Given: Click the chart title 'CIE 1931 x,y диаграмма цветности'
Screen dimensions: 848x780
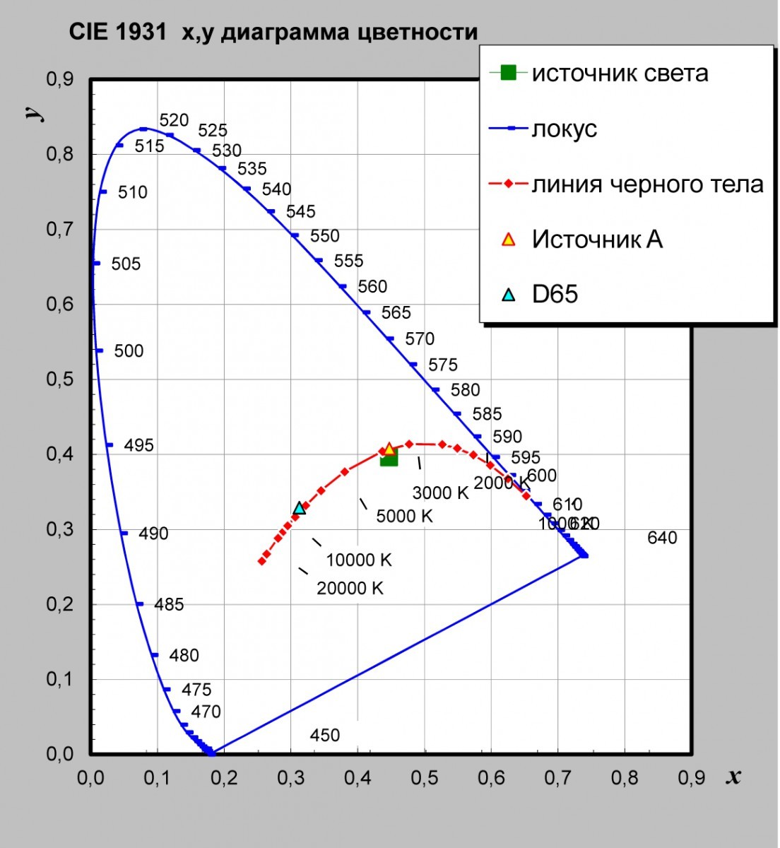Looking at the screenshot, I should tap(273, 33).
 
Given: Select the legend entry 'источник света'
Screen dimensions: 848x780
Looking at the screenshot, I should tap(620, 73).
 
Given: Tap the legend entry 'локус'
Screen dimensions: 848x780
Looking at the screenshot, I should tap(564, 129).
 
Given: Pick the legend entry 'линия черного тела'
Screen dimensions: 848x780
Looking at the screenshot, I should tap(647, 184).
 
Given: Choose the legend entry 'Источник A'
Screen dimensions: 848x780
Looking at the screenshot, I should tap(597, 240).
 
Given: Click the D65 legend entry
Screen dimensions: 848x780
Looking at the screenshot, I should tap(555, 294).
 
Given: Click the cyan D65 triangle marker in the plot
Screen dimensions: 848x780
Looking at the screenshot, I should tap(300, 508).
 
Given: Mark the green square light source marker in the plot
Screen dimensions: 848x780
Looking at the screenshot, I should tap(389, 458).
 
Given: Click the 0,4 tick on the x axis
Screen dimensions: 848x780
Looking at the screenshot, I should tap(357, 778).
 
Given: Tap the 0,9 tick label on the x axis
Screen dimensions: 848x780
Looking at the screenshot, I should tap(691, 778).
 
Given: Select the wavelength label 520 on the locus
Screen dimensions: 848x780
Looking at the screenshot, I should tap(174, 120).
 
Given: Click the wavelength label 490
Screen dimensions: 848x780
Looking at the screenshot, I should tap(153, 534).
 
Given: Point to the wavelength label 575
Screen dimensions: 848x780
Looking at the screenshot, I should tap(443, 365).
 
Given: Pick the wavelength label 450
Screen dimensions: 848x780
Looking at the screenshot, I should tap(325, 735).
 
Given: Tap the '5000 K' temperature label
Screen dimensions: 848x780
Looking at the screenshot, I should tap(404, 516).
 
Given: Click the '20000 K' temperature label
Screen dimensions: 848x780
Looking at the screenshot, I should tap(350, 588).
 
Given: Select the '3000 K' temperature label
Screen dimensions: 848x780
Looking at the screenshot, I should tap(440, 493).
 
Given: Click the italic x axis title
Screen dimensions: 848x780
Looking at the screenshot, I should tap(733, 777).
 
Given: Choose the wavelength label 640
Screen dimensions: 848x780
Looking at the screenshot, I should tap(662, 538).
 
